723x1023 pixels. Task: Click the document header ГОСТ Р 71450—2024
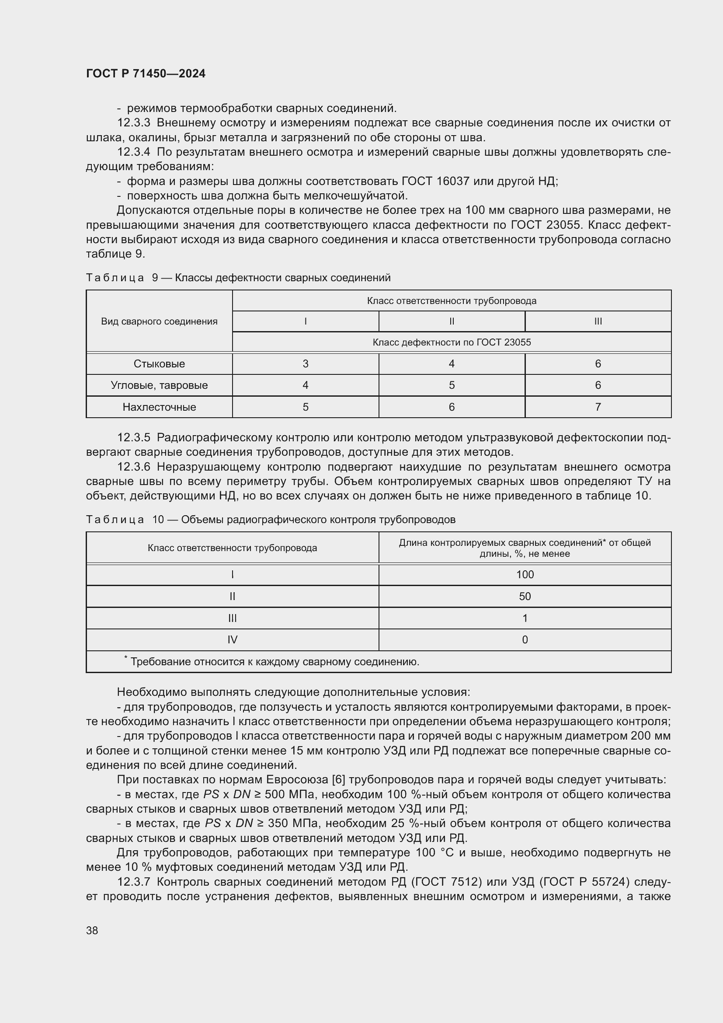pyautogui.click(x=146, y=73)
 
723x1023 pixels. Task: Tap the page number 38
pyautogui.click(x=92, y=930)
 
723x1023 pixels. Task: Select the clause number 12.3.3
pyautogui.click(x=134, y=122)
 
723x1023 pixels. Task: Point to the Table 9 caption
pyautogui.click(x=238, y=278)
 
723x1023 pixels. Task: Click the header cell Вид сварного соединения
pyautogui.click(x=159, y=321)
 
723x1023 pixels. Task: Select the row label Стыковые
pyautogui.click(x=159, y=364)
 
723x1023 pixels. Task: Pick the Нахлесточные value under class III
pyautogui.click(x=598, y=407)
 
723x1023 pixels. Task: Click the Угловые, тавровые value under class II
pyautogui.click(x=452, y=385)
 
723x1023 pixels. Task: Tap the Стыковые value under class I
pyautogui.click(x=306, y=364)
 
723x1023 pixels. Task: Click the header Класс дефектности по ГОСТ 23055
pyautogui.click(x=452, y=342)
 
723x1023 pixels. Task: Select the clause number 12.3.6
pyautogui.click(x=134, y=467)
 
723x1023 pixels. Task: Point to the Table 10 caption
pyautogui.click(x=271, y=520)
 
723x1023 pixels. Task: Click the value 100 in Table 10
pyautogui.click(x=525, y=575)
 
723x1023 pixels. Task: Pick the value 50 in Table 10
pyautogui.click(x=525, y=597)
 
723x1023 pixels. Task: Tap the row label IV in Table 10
pyautogui.click(x=233, y=640)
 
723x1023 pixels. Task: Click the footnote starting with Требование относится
pyautogui.click(x=274, y=662)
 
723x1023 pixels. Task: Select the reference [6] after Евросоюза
pyautogui.click(x=337, y=780)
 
